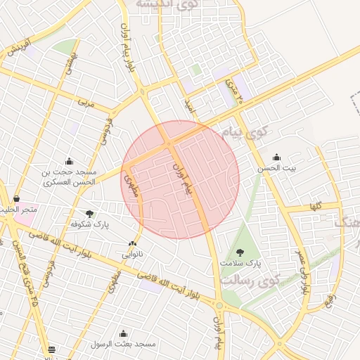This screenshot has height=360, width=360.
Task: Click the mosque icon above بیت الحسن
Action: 276,157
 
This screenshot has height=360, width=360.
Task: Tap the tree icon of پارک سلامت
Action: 240,252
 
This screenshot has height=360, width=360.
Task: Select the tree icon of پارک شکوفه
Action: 89,213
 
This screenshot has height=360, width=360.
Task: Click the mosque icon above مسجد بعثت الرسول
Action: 124,333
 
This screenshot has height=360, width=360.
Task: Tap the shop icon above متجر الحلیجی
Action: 16,199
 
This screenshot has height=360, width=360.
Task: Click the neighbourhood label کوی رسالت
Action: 250,279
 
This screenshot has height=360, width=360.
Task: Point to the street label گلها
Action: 315,207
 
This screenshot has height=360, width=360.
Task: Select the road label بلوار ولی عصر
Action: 302,270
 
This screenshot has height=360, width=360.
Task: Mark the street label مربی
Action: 86,103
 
